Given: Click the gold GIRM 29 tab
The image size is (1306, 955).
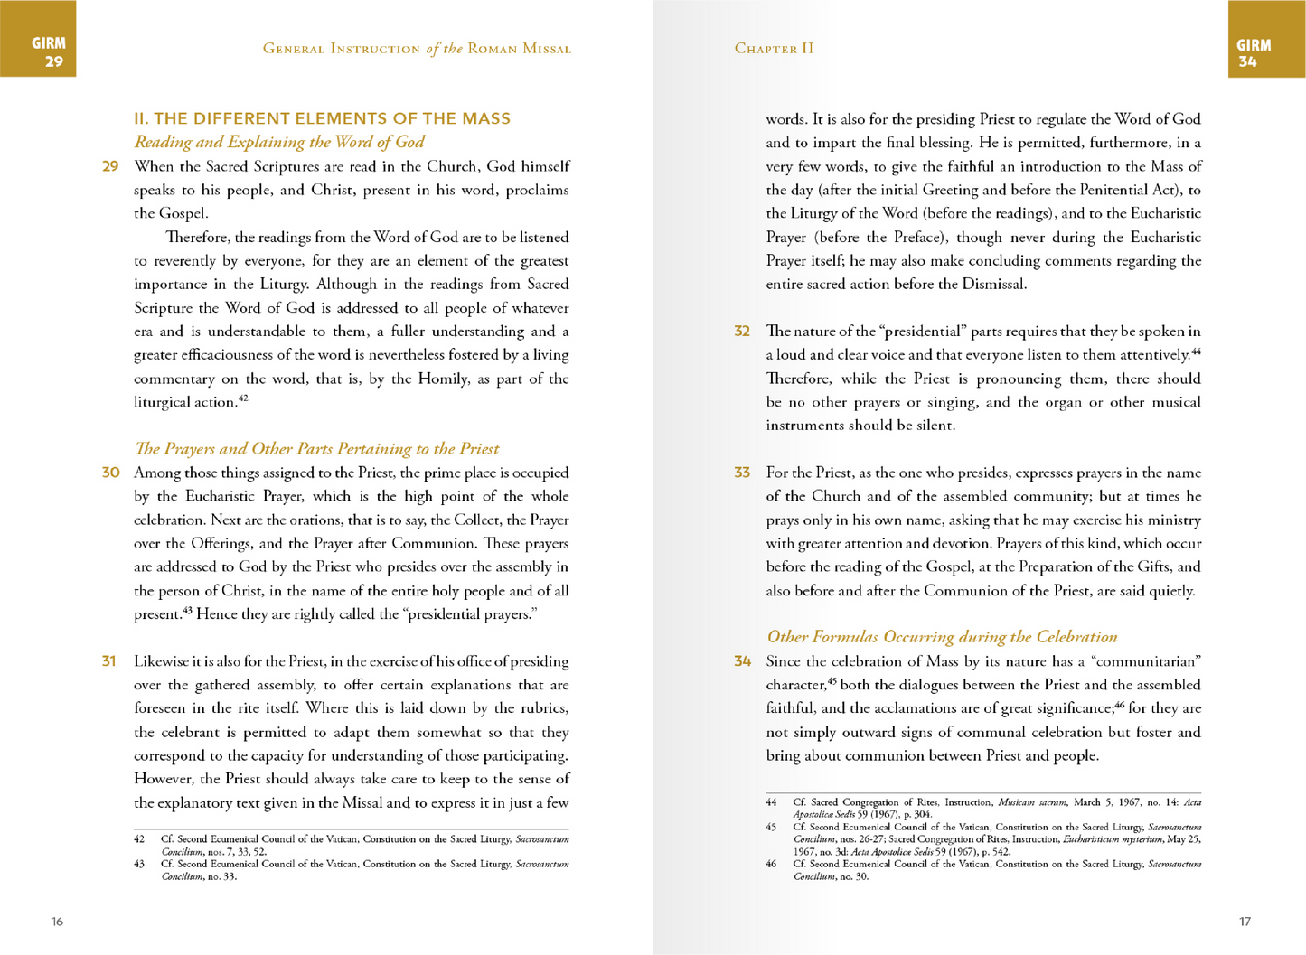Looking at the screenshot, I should click(x=38, y=38).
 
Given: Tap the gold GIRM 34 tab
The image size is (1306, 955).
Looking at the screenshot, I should click(x=1266, y=39).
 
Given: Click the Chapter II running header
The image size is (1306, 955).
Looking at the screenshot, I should click(x=774, y=49).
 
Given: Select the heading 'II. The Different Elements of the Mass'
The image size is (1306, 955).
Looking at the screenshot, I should click(x=322, y=118).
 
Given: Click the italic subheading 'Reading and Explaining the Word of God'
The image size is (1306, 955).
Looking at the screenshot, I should click(x=279, y=142).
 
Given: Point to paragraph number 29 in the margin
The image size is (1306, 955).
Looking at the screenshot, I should click(x=110, y=166).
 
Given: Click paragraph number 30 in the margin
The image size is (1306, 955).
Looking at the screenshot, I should click(x=110, y=473).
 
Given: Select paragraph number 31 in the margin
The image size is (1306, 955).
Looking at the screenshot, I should click(x=109, y=661).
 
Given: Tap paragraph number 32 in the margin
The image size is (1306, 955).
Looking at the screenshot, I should click(x=742, y=332).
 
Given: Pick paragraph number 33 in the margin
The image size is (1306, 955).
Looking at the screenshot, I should click(x=742, y=473).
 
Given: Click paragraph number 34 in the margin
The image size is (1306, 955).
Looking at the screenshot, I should click(x=742, y=661).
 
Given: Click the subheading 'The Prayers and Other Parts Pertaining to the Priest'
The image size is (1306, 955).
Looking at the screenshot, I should click(x=316, y=449).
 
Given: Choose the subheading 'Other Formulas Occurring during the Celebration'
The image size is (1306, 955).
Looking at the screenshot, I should click(x=942, y=637).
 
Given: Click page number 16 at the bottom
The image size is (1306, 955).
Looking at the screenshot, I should click(x=57, y=922).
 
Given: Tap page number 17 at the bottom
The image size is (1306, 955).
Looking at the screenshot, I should click(x=1245, y=922).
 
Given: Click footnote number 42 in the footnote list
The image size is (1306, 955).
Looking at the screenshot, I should click(x=139, y=839).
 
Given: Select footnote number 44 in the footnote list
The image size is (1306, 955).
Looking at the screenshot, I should click(x=771, y=802).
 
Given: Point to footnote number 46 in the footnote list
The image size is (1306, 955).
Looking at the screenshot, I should click(x=771, y=865).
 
